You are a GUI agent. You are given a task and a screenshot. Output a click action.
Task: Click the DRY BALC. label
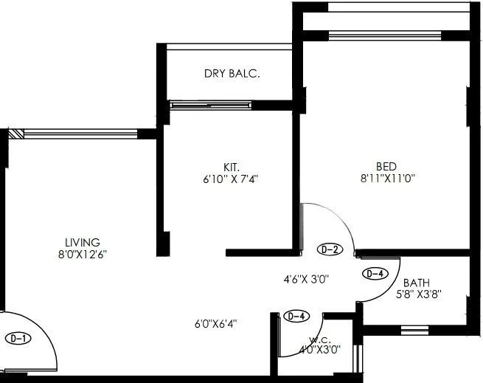click(232, 74)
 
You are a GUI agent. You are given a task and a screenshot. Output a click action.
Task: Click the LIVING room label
click(82, 242)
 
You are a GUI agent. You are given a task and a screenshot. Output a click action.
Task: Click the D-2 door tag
click(330, 249)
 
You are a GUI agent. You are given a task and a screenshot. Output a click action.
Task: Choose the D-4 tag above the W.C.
click(296, 317)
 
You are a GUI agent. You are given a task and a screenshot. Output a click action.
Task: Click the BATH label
click(416, 283)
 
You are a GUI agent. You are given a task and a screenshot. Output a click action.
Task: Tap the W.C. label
click(319, 340)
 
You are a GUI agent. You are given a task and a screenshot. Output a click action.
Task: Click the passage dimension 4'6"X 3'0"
click(306, 280)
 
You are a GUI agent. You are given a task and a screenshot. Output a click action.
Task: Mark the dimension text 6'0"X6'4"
click(216, 322)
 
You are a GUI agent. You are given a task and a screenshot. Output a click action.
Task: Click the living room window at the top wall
click(80, 134)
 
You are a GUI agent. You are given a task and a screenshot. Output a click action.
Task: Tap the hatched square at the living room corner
click(16, 134)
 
